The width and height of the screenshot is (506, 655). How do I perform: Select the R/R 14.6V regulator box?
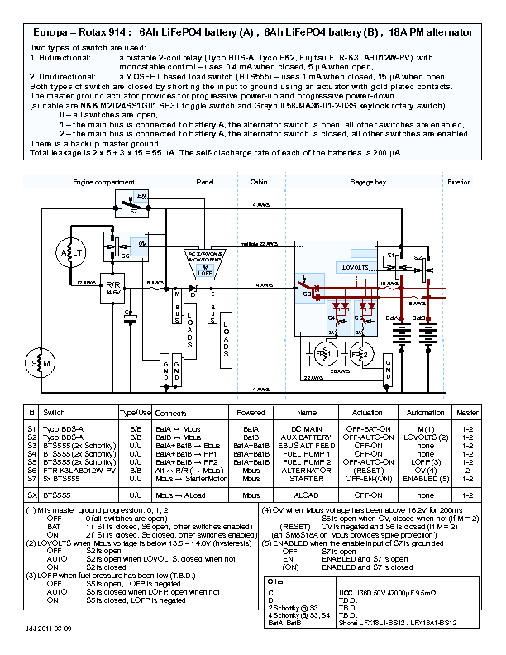[x=113, y=288]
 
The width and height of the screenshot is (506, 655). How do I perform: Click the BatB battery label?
[x=418, y=317]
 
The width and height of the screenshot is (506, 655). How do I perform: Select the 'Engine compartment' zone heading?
[x=97, y=182]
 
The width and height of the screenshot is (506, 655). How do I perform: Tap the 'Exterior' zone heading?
[x=458, y=182]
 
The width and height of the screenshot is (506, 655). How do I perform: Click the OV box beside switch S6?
[x=142, y=245]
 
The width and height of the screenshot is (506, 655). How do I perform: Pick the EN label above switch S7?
[x=141, y=195]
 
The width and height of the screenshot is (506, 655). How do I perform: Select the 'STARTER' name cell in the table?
[x=306, y=478]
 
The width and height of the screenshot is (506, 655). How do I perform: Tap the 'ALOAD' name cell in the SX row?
[x=306, y=495]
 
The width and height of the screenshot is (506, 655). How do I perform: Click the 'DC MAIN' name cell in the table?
[x=306, y=428]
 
